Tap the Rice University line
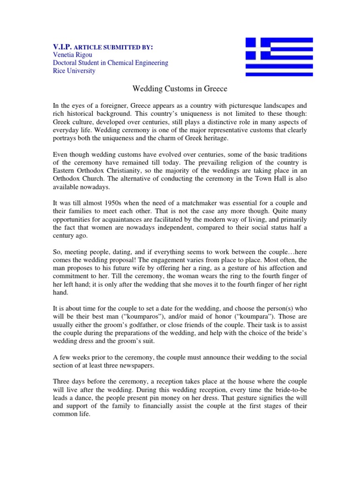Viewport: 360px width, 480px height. click(x=74, y=71)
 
